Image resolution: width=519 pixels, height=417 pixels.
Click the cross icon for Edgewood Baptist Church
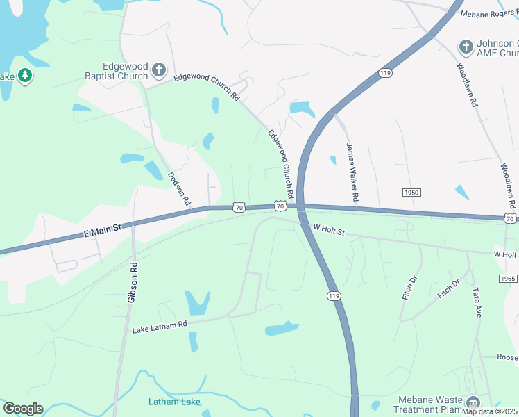tap(159, 69)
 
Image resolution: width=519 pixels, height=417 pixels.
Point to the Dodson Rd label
tap(179, 188)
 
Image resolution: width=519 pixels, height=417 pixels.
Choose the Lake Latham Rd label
tap(160, 326)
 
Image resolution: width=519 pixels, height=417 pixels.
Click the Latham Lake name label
tap(174, 402)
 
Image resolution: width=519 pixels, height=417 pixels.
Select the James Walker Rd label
tap(352, 172)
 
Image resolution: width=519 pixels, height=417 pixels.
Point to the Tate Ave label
tap(477, 303)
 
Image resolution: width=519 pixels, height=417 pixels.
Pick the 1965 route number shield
tap(507, 278)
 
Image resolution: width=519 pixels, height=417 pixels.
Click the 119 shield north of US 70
tap(386, 73)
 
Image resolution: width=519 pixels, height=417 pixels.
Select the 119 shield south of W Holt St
tap(334, 296)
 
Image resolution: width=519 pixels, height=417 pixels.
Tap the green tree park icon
tap(25, 75)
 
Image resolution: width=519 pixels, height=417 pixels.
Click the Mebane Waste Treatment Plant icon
tap(473, 402)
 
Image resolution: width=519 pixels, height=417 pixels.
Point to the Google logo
tap(23, 409)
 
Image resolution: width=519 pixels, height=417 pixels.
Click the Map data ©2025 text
tap(488, 411)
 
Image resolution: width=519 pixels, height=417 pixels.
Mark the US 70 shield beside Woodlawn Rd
tap(510, 219)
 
